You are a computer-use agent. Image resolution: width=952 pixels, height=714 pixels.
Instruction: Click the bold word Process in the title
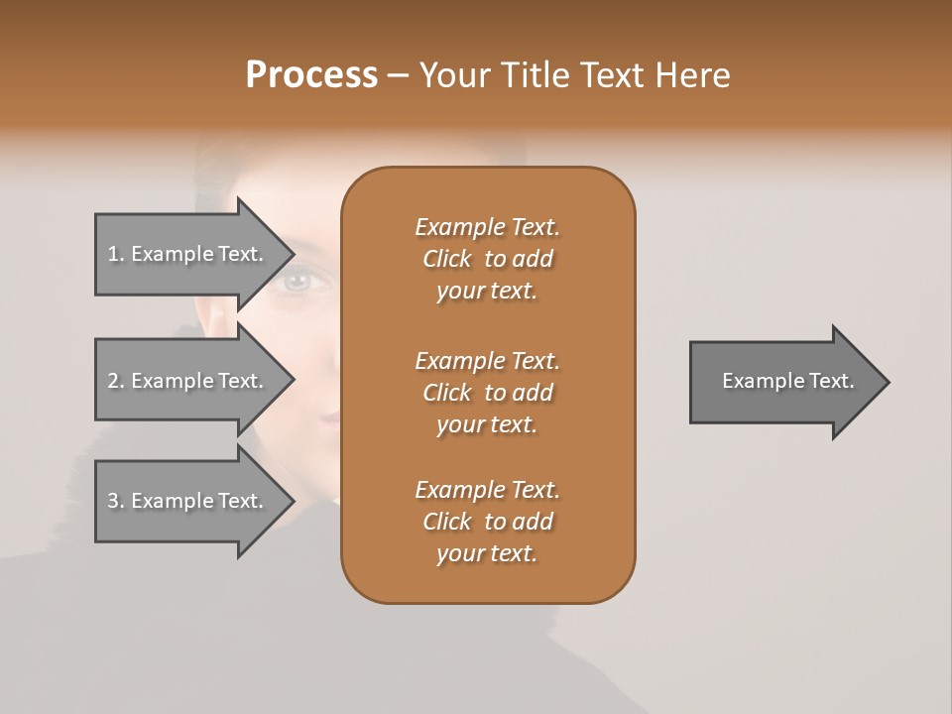coord(311,75)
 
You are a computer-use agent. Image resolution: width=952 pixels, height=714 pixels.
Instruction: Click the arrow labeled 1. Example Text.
coord(188,254)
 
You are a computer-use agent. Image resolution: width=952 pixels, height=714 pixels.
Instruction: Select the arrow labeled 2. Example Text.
coord(188,381)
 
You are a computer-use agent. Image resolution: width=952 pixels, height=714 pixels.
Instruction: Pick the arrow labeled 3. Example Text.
coord(188,501)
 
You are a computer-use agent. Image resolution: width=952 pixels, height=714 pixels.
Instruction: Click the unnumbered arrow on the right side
coord(783,382)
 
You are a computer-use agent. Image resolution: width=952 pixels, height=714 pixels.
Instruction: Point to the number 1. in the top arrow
coord(116,254)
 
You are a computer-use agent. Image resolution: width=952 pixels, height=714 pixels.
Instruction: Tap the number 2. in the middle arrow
coord(116,381)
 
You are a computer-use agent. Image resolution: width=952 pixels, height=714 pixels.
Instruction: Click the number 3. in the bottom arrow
coord(116,501)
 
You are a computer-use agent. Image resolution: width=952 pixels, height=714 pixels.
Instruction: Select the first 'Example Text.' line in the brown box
coord(487,227)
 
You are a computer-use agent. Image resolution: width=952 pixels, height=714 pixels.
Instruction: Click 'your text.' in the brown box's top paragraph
coord(487,291)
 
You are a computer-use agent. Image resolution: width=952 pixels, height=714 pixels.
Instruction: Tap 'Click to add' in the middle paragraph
coord(487,393)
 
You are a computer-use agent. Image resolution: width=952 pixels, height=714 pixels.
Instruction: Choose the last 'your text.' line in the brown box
coord(487,553)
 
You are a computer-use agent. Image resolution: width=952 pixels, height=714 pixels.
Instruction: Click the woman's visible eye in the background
coord(297,282)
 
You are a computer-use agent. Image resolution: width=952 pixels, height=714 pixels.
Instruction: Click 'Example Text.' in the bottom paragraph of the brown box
coord(487,490)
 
